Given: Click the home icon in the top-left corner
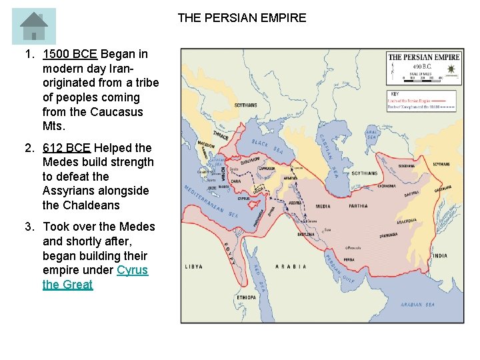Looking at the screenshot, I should tap(33, 26).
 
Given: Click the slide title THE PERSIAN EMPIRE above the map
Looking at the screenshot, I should tap(241, 18).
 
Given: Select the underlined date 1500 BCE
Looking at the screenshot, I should tap(69, 54).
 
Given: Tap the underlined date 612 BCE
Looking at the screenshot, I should tap(66, 148).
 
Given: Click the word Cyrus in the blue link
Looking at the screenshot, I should tap(132, 270).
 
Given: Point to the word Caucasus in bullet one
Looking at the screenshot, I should tap(117, 112).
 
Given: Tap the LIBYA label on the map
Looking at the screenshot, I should tap(194, 266).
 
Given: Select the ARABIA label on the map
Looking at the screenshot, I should tap(291, 267).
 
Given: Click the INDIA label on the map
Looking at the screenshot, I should tap(440, 255).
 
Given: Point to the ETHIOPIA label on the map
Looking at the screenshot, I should tap(246, 297).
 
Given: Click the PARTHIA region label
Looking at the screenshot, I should tap(358, 206).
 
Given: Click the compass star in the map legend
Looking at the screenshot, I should tap(452, 69).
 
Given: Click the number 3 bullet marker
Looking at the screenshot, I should tap(29, 227).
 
